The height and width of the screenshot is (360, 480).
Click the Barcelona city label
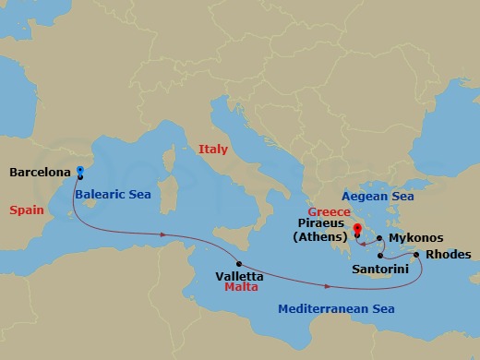click(41, 172)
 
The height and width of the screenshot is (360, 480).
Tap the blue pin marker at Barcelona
click(80, 171)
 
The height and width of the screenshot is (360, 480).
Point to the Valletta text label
click(239, 276)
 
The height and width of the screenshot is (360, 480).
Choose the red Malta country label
click(240, 288)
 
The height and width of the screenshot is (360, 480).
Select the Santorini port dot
click(380, 256)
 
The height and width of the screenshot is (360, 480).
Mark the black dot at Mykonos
click(379, 238)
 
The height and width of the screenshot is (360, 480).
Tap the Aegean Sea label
click(378, 196)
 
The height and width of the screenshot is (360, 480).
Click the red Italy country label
click(212, 149)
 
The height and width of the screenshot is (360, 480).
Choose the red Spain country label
click(27, 210)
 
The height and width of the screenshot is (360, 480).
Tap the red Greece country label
click(336, 211)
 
